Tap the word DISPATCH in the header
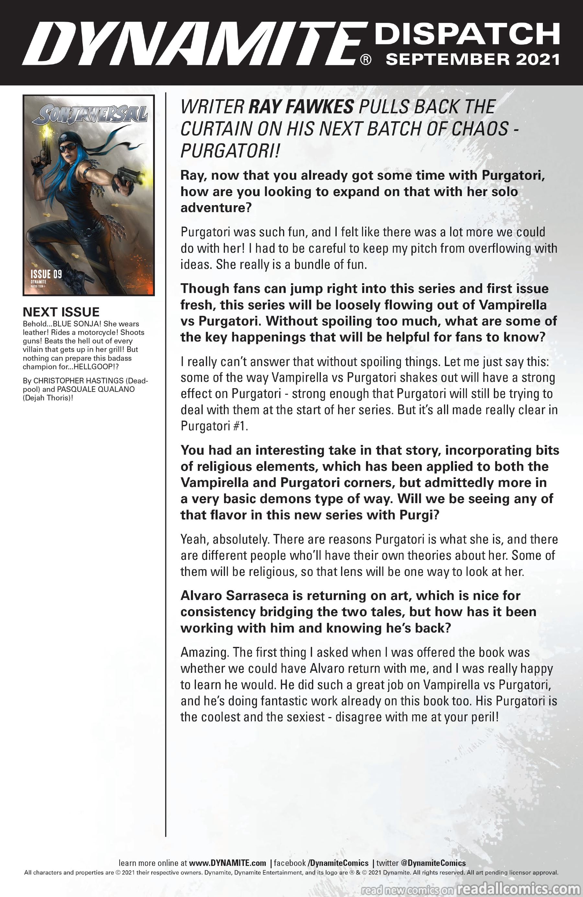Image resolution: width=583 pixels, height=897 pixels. click(x=467, y=34)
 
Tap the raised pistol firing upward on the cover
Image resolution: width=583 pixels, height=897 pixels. click(x=44, y=145)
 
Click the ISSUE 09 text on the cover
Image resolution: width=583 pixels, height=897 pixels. click(x=46, y=274)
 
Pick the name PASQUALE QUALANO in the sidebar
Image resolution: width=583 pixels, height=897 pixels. click(x=96, y=389)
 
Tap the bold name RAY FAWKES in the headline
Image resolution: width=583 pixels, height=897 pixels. click(x=301, y=107)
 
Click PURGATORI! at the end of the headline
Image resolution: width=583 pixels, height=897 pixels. click(x=230, y=151)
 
